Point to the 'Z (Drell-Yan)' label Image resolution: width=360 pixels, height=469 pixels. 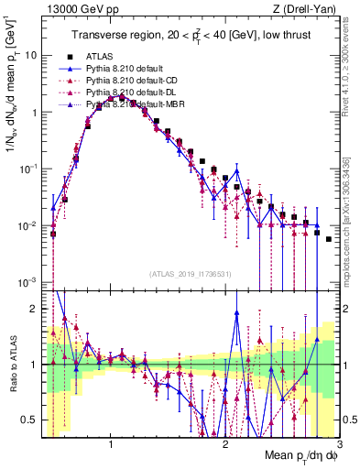click(309, 10)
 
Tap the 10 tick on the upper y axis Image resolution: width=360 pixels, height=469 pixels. click(30, 55)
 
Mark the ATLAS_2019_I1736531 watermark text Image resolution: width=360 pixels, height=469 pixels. click(191, 274)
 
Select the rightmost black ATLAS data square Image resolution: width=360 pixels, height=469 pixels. click(328, 239)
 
